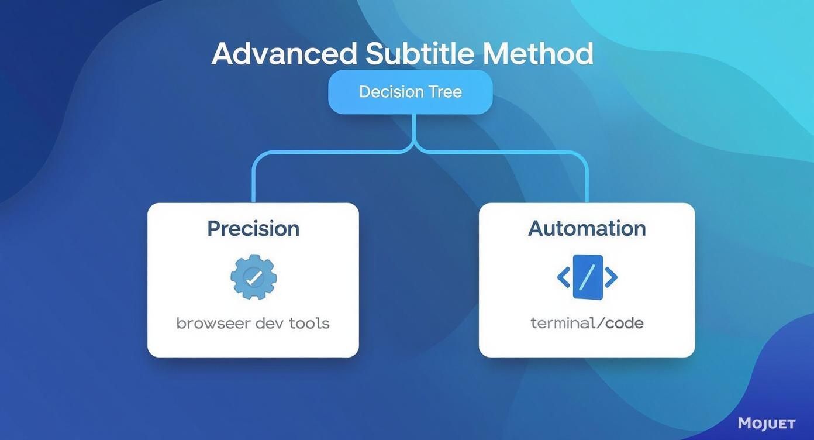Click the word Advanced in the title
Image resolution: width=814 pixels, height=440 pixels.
[284, 54]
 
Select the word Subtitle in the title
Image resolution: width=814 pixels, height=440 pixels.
[419, 54]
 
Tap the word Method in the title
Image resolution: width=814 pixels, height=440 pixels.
[538, 54]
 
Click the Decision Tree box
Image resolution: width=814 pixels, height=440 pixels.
[410, 92]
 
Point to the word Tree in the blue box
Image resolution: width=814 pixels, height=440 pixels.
[445, 92]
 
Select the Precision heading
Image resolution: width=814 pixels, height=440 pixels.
[253, 228]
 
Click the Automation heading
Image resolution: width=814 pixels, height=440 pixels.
[587, 228]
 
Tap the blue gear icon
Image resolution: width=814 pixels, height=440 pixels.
[253, 277]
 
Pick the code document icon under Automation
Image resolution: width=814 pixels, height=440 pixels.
[588, 277]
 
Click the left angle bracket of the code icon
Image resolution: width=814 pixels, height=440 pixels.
[564, 277]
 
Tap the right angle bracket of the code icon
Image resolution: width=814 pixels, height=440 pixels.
[610, 277]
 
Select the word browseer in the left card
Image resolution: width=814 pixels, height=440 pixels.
[213, 323]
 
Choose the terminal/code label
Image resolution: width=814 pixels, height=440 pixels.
[587, 323]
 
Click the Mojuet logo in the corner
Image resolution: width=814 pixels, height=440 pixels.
[766, 423]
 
